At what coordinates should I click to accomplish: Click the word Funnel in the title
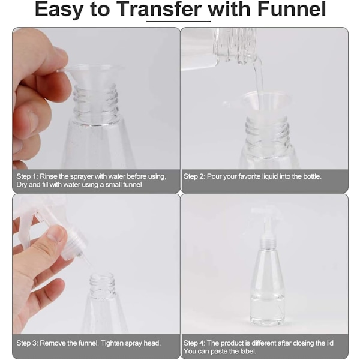(x=292, y=9)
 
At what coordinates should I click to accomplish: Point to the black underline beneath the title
(x=179, y=22)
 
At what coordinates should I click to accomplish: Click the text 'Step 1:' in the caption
(x=27, y=176)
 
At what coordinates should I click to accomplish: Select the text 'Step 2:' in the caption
(x=194, y=176)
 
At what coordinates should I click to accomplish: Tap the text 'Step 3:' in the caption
(x=27, y=343)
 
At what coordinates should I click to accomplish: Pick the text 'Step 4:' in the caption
(x=194, y=343)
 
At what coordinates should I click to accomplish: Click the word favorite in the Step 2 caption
(x=249, y=176)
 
